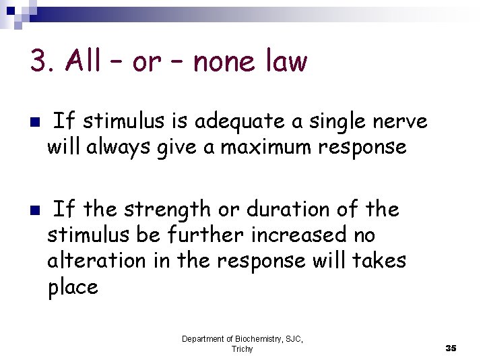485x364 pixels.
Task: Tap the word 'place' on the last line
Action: (x=73, y=287)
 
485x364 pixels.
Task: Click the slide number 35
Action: (x=451, y=348)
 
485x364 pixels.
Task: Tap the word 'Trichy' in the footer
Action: (x=243, y=348)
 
